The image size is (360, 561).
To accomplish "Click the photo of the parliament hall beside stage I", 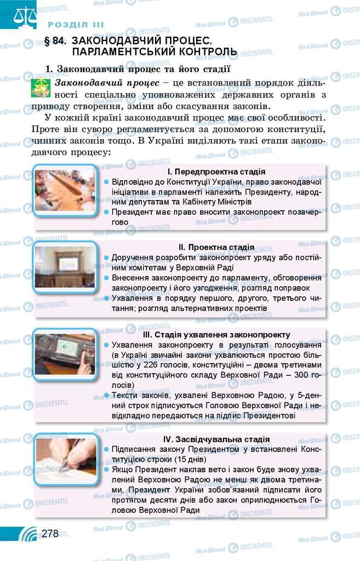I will pos(65,190).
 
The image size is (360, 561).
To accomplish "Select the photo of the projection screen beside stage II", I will pos(65,267).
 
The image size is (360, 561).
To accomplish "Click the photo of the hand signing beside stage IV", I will pos(65,459).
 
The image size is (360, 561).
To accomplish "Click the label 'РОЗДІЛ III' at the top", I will pos(76,25).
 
